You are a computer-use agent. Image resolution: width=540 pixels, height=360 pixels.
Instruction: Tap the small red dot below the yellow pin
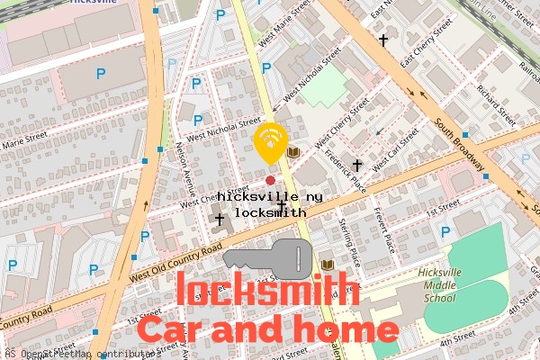point(270,181)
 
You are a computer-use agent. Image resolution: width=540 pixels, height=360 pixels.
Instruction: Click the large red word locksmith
point(267,291)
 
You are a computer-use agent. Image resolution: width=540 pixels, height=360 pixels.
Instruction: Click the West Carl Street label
point(395,150)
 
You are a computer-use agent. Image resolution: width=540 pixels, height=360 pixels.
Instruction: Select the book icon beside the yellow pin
point(292,152)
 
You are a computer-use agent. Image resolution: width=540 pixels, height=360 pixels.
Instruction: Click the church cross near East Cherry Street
point(383,40)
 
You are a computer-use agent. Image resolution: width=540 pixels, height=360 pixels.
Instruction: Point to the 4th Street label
point(456,343)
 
